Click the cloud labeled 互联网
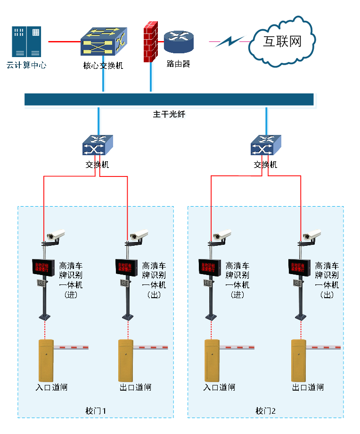pyautogui.click(x=282, y=42)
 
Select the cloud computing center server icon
pyautogui.click(x=26, y=42)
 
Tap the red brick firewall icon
pyautogui.click(x=150, y=42)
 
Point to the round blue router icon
pyautogui.click(x=179, y=42)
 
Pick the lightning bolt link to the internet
pyautogui.click(x=229, y=42)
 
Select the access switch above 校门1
pyautogui.click(x=98, y=145)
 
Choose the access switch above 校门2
pyautogui.click(x=266, y=145)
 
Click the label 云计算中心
pyautogui.click(x=26, y=65)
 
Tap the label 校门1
pyautogui.click(x=96, y=411)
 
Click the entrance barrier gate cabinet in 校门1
pyautogui.click(x=46, y=360)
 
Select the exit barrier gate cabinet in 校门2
pyautogui.click(x=298, y=360)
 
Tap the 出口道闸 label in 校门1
pyautogui.click(x=136, y=387)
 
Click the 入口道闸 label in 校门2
pyautogui.click(x=219, y=387)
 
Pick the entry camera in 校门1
pyautogui.click(x=56, y=234)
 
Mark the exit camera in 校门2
pyautogui.click(x=312, y=234)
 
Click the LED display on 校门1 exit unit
pyautogui.click(x=126, y=267)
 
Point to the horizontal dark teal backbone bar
pyautogui.click(x=169, y=99)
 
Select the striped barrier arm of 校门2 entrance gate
pyautogui.click(x=237, y=347)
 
